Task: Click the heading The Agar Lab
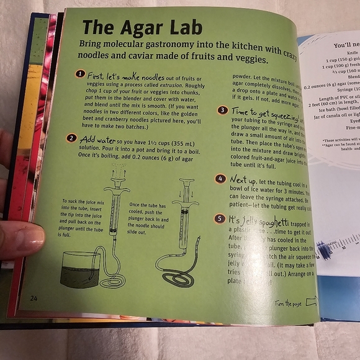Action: (130, 28)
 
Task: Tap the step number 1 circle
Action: (79, 74)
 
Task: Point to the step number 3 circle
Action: (222, 110)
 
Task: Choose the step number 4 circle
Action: (219, 179)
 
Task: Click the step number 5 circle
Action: (219, 218)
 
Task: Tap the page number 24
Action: (34, 298)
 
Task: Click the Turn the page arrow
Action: (310, 302)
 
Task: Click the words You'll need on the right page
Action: (345, 45)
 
